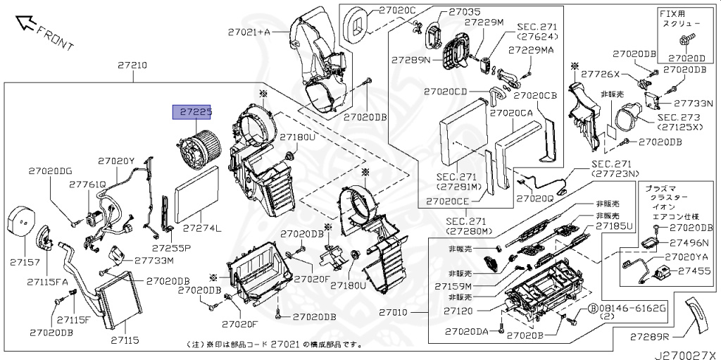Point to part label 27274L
201,228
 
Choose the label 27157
23,261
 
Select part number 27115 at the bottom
125,340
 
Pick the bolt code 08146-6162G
627,309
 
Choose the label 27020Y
115,161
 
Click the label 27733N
694,103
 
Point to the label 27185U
615,226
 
